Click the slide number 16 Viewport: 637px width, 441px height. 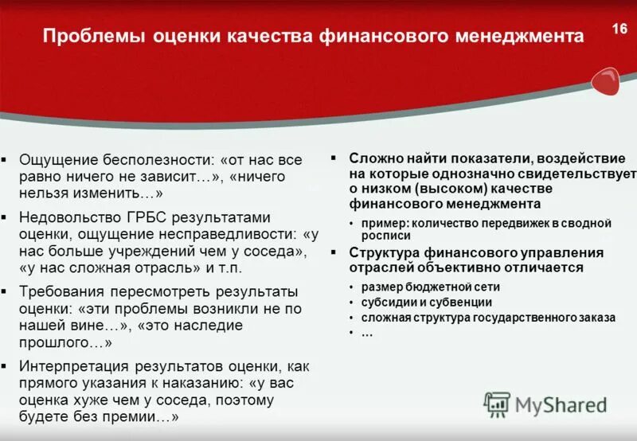[619, 29]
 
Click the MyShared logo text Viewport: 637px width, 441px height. [561, 404]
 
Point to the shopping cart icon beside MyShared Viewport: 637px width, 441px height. [497, 404]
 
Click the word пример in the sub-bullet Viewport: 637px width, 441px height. [382, 223]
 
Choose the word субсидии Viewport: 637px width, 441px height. [389, 302]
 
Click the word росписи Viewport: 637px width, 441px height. [386, 236]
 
